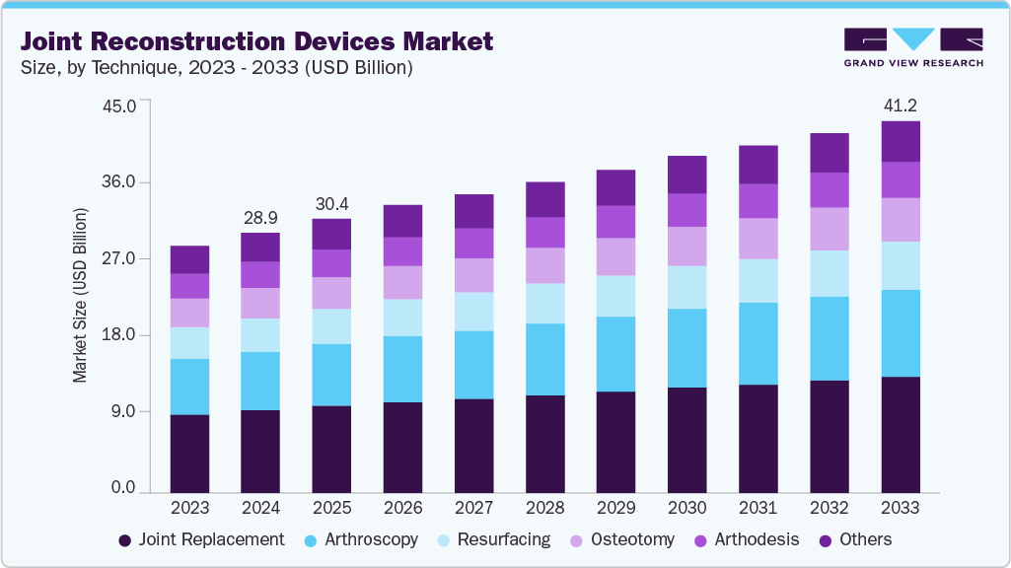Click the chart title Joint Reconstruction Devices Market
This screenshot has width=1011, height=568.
tap(256, 41)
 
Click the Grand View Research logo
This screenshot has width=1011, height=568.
tap(912, 47)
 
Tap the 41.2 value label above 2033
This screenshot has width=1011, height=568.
tap(900, 105)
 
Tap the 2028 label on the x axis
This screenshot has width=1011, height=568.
tap(544, 508)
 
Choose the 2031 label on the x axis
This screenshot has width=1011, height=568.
tap(758, 508)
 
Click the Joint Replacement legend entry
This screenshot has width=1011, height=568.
tap(201, 539)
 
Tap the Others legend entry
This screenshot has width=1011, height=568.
tap(853, 539)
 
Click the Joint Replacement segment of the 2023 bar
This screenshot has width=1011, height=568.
tap(189, 453)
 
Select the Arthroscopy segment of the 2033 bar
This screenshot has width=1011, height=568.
tap(900, 333)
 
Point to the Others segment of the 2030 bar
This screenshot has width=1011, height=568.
tap(686, 175)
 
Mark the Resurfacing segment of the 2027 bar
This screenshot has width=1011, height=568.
tap(473, 312)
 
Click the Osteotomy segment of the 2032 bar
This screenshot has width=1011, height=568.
tap(829, 229)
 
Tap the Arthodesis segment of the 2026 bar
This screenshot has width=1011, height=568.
tap(402, 251)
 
